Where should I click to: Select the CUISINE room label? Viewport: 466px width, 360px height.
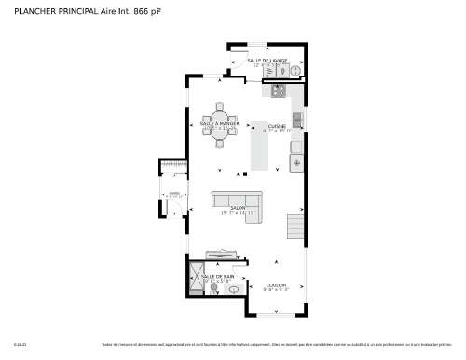click(277, 126)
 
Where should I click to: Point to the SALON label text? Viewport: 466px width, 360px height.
click(238, 208)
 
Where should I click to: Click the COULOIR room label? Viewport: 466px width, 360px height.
click(276, 284)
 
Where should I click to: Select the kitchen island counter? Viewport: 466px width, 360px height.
click(260, 149)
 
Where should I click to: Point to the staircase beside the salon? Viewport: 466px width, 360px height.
click(295, 228)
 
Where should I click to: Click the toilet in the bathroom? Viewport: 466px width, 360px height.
click(231, 289)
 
